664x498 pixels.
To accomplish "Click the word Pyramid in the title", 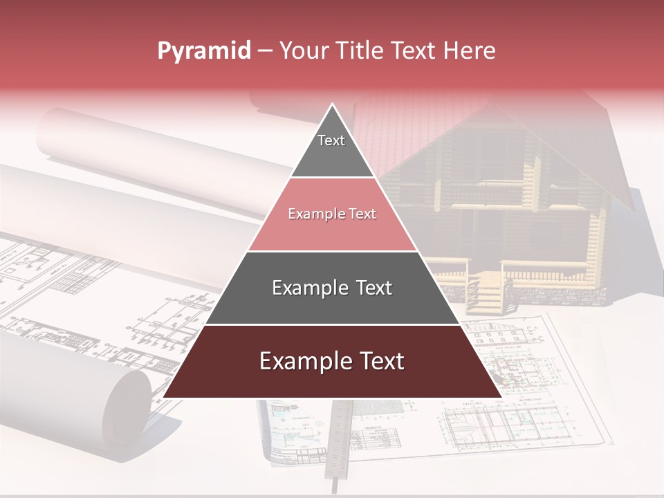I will [203, 51].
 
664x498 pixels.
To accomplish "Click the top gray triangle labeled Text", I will [331, 149].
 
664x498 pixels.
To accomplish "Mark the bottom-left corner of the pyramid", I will [164, 397].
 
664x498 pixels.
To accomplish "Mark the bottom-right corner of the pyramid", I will [501, 397].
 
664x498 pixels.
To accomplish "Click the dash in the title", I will [265, 51].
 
